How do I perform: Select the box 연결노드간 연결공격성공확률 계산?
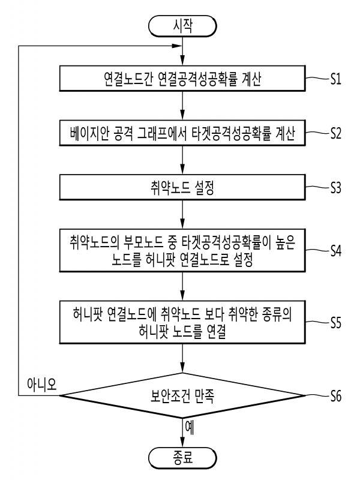pos(182,79)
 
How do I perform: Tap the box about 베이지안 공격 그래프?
pos(182,134)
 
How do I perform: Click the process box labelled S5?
pos(182,322)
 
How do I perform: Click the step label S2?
pos(335,134)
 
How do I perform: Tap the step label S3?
pos(335,188)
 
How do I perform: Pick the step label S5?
pos(335,322)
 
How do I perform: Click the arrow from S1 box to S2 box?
pos(182,106)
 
